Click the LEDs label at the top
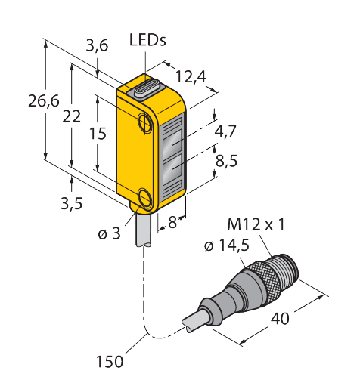pyautogui.click(x=147, y=40)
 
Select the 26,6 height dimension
pyautogui.click(x=44, y=101)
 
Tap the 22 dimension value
pyautogui.click(x=72, y=116)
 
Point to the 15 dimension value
pyautogui.click(x=98, y=134)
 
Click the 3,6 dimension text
pyautogui.click(x=97, y=46)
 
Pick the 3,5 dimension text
pyautogui.click(x=72, y=203)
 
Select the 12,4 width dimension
pyautogui.click(x=191, y=77)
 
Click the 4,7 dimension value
pyautogui.click(x=225, y=131)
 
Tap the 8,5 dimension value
pyautogui.click(x=226, y=160)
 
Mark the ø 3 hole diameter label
pyautogui.click(x=110, y=233)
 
